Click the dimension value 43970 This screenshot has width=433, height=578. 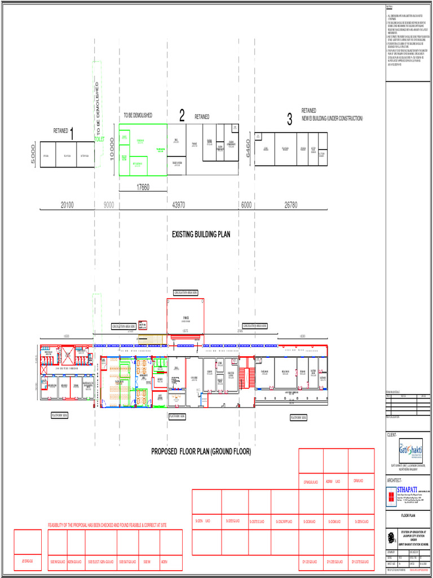coord(178,205)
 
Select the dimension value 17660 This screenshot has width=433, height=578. coord(143,187)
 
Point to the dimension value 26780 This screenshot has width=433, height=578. coord(291,205)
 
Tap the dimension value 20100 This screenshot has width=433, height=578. coord(67,205)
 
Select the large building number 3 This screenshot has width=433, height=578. coord(289,119)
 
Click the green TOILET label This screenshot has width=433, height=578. coord(99,139)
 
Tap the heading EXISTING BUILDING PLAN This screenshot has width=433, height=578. coord(201,234)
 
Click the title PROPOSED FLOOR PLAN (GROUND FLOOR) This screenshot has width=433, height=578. coord(201,452)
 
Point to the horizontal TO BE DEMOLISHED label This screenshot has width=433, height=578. coord(138,116)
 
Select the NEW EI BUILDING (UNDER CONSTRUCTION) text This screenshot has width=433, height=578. coord(332,119)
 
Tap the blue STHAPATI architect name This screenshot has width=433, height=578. coord(409,489)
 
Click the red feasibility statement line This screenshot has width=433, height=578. coord(107,526)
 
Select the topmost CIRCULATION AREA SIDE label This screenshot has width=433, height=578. coord(185,292)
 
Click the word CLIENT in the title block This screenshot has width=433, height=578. coord(392,435)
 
